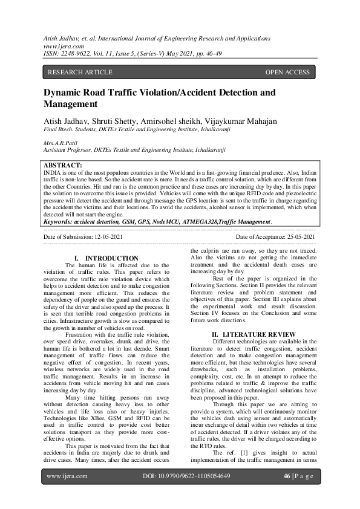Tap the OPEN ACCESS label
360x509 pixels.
tap(287, 73)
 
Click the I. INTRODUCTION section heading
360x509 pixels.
tap(111, 258)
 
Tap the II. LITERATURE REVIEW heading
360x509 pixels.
tap(254, 334)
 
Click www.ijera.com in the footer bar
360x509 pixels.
tap(67, 493)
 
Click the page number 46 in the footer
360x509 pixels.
tap(287, 493)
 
